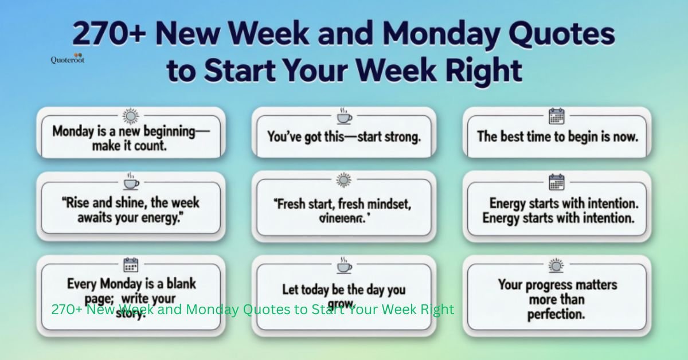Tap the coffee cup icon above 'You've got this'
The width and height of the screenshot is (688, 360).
tap(343, 117)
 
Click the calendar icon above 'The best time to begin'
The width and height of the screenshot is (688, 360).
tap(556, 117)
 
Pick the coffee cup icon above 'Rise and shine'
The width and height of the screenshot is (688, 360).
tap(131, 182)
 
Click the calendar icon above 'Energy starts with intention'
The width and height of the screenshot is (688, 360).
tap(556, 182)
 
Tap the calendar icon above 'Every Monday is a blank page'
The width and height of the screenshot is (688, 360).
tap(131, 265)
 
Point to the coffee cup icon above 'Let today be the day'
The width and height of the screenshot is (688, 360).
tap(343, 266)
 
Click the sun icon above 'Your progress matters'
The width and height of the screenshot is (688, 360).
tap(556, 265)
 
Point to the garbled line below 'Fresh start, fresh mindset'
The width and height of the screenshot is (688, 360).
tap(343, 218)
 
